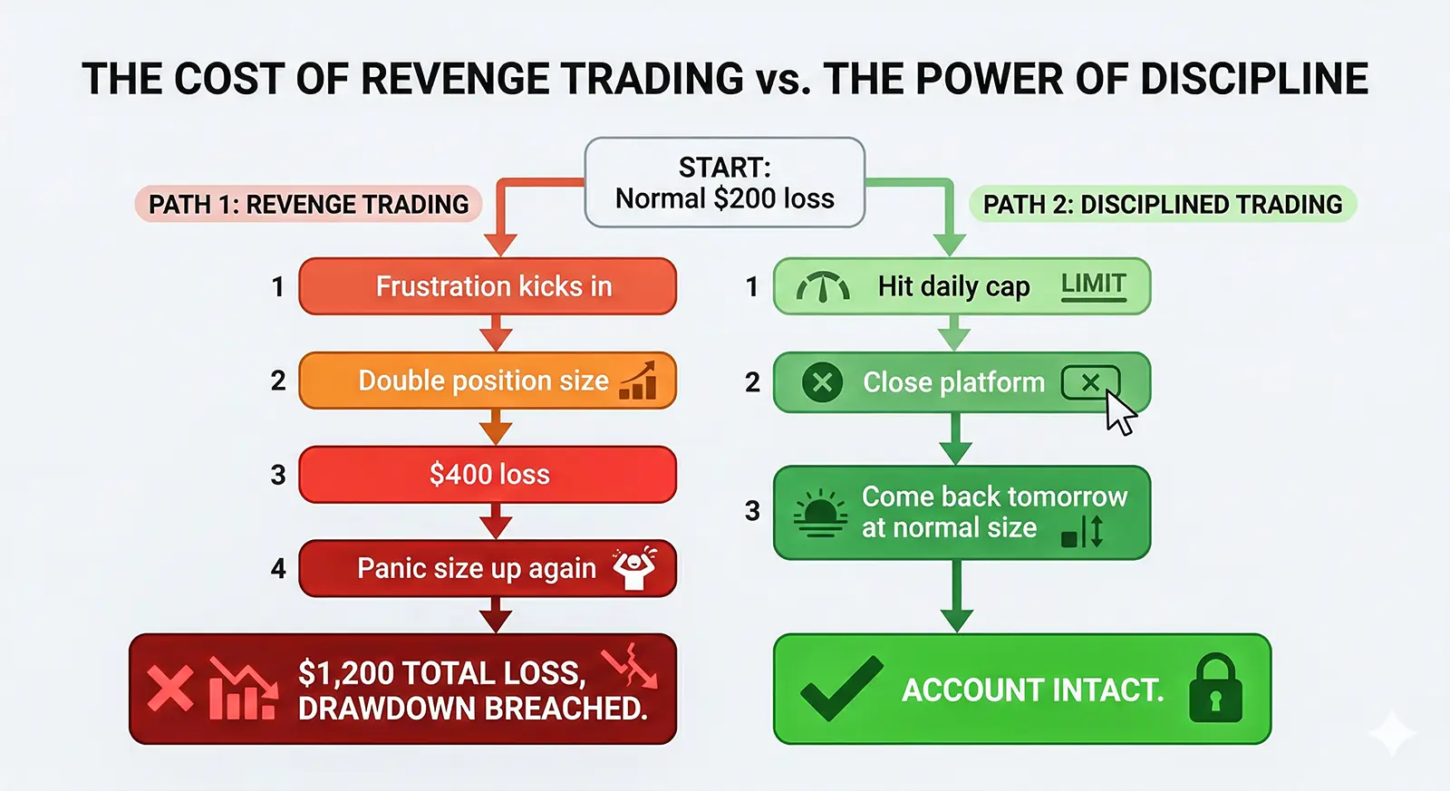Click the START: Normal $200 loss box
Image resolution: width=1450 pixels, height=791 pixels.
[x=724, y=182]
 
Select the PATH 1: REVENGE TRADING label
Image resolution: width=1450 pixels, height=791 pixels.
[x=308, y=205]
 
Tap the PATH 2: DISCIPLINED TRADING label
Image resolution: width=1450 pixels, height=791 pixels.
[x=1162, y=205]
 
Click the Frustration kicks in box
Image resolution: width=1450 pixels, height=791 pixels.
[x=488, y=286]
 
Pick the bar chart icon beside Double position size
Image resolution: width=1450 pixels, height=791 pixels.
[x=638, y=381]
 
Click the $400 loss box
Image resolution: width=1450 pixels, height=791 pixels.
[x=488, y=475]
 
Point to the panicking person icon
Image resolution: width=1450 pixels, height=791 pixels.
[x=634, y=568]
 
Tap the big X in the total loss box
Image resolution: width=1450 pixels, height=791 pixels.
[x=169, y=690]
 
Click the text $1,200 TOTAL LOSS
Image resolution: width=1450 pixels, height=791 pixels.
[x=441, y=673]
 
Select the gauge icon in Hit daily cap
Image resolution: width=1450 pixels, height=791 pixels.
[x=822, y=287]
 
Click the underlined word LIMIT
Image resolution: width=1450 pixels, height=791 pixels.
[x=1093, y=285]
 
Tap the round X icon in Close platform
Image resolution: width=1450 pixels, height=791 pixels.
[x=822, y=382]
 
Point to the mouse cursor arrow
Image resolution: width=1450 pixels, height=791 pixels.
[x=1120, y=414]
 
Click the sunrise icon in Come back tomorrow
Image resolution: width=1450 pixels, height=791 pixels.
[x=820, y=513]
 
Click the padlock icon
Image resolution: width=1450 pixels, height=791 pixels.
[x=1215, y=690]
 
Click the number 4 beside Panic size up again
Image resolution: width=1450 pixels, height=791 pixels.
[x=278, y=569]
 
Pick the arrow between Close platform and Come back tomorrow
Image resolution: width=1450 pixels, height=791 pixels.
[x=955, y=439]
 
